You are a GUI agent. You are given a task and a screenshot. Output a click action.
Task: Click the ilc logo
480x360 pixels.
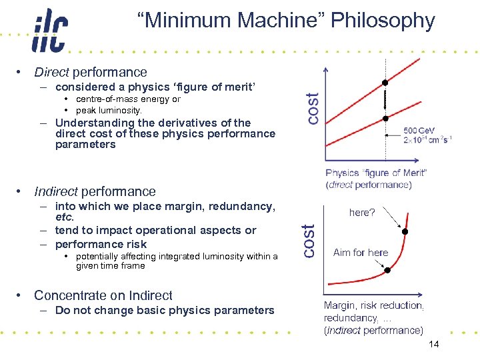click(x=49, y=31)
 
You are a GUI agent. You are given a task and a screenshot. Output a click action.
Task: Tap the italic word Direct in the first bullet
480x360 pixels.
click(x=51, y=72)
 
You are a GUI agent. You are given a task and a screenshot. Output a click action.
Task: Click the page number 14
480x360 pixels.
click(x=434, y=345)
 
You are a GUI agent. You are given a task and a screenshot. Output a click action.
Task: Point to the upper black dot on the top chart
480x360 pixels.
click(x=385, y=83)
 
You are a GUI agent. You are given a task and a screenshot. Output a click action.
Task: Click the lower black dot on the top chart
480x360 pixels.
click(x=385, y=119)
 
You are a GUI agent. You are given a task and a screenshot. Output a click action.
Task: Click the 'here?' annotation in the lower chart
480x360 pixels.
click(x=362, y=213)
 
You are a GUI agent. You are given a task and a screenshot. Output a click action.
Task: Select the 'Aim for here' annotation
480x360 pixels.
click(x=361, y=252)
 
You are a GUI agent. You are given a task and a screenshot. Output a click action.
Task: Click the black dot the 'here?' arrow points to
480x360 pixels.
click(x=405, y=231)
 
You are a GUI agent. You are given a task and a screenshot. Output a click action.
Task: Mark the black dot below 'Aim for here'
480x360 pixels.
click(x=385, y=270)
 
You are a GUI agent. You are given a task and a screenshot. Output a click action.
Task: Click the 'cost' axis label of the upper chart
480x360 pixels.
click(x=311, y=107)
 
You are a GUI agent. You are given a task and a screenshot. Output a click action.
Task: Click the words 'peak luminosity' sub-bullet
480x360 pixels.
click(x=109, y=110)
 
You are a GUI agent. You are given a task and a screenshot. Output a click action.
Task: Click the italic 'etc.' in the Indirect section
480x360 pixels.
click(x=65, y=217)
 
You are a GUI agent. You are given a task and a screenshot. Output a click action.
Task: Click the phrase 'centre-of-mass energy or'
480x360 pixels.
click(x=128, y=99)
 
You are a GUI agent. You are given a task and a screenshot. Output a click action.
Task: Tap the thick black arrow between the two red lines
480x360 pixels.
click(x=385, y=101)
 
